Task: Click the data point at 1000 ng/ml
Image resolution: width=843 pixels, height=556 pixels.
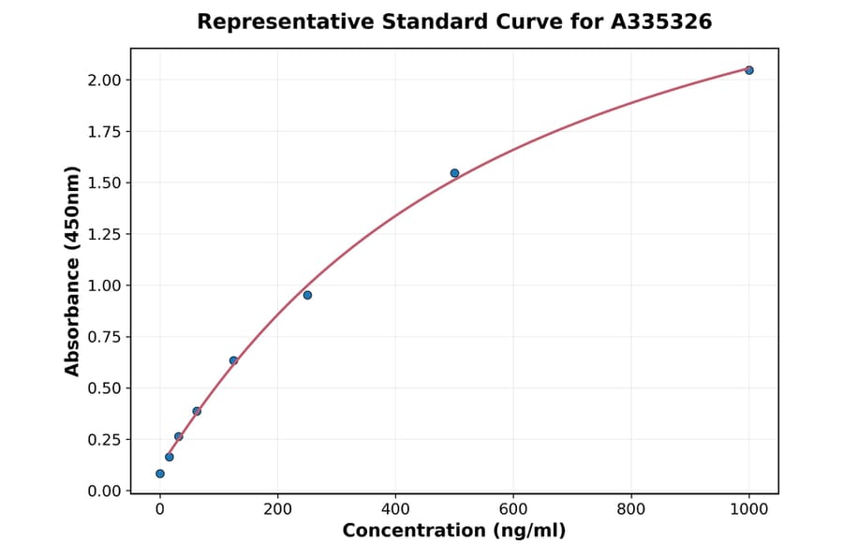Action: pyautogui.click(x=749, y=70)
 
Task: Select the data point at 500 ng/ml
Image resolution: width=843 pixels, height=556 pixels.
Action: pyautogui.click(x=454, y=173)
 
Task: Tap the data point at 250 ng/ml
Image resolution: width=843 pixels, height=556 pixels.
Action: pyautogui.click(x=307, y=295)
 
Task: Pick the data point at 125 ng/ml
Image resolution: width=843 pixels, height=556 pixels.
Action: pyautogui.click(x=233, y=360)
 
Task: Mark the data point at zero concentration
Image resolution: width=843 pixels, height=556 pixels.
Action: pyautogui.click(x=160, y=474)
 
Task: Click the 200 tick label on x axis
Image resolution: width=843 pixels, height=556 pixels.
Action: pyautogui.click(x=277, y=510)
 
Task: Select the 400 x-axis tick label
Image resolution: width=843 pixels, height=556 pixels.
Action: pyautogui.click(x=395, y=510)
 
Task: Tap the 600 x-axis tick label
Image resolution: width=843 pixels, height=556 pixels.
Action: pyautogui.click(x=513, y=510)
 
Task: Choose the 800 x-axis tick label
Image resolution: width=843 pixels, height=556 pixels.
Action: pyautogui.click(x=631, y=510)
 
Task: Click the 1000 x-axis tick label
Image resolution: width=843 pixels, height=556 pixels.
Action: pyautogui.click(x=749, y=510)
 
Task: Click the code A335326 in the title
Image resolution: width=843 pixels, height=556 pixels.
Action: pyautogui.click(x=661, y=22)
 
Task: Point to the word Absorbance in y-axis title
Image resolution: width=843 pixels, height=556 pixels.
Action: pyautogui.click(x=73, y=319)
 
